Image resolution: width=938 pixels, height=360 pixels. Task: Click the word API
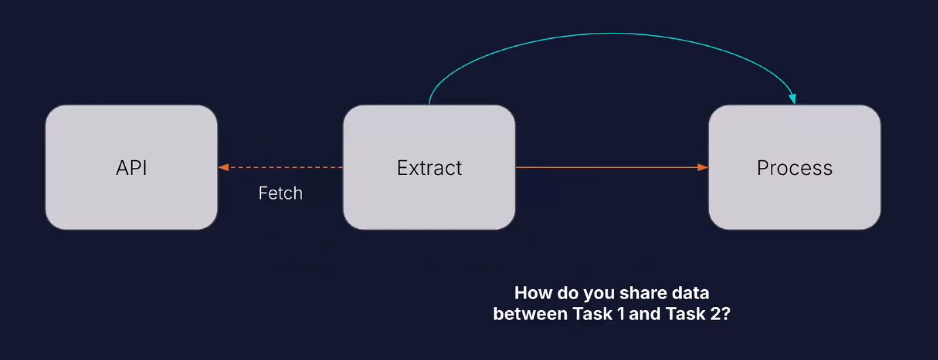(x=131, y=168)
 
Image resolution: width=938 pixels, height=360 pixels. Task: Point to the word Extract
(x=429, y=168)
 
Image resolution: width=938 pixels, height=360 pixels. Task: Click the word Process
(x=794, y=168)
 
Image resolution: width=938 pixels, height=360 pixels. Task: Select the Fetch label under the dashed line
(x=281, y=193)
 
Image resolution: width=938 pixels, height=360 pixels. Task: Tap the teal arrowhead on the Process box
(x=792, y=99)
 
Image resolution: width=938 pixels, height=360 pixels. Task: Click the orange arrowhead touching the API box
(x=224, y=167)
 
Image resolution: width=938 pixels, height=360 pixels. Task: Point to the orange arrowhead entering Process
(x=703, y=167)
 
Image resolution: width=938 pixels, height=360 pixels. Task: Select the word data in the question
(x=690, y=292)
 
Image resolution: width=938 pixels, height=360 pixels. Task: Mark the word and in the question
(x=645, y=314)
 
